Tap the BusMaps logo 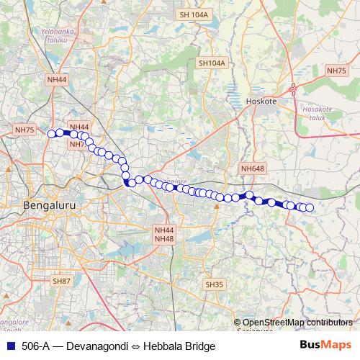tap(325, 346)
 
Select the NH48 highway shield tap(164, 238)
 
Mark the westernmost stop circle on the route tap(51, 133)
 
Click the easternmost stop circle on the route tap(310, 208)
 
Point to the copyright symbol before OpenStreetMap tap(238, 323)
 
